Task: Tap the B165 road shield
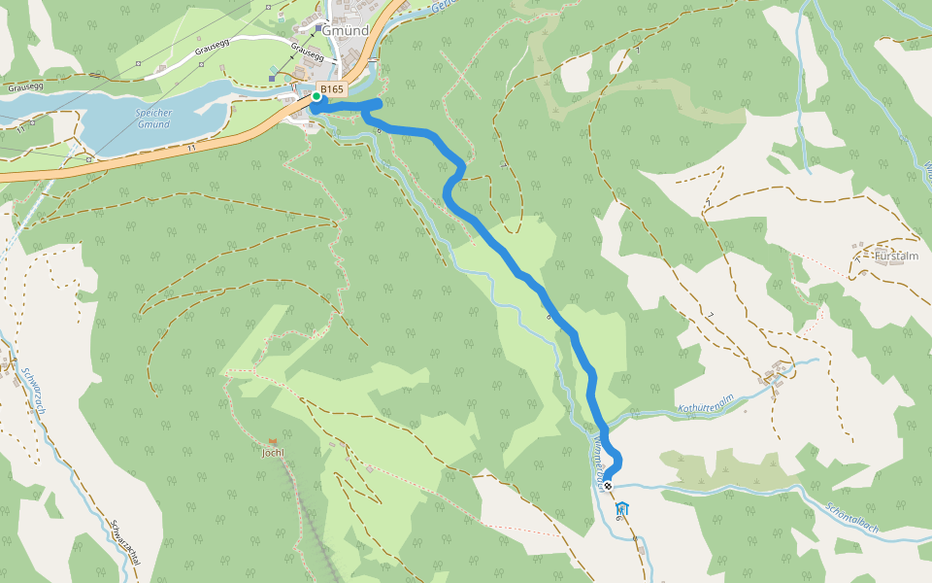(x=332, y=89)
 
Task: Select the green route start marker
(x=316, y=96)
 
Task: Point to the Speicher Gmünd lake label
(x=153, y=119)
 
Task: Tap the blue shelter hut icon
(x=621, y=508)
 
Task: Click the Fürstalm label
(x=895, y=257)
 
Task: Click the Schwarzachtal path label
(x=125, y=548)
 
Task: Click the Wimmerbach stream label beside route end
(x=595, y=457)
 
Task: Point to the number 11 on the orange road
(x=193, y=146)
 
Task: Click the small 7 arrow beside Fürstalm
(x=857, y=258)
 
